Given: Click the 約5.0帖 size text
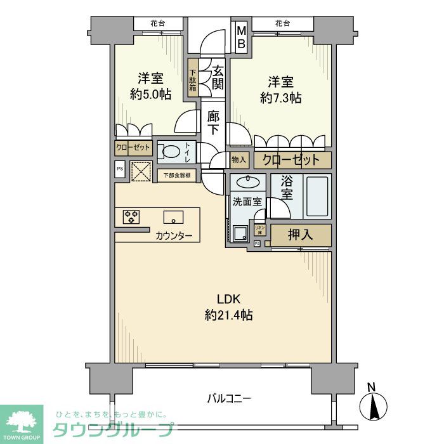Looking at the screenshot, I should pos(150,94).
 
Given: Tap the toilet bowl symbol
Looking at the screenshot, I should pos(169,152).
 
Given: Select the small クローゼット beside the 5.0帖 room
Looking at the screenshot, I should pos(133,147).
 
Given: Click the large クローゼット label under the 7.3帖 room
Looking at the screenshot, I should pos(292,159).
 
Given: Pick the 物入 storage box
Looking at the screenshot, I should pos(238,160).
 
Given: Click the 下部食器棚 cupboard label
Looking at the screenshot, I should pos(176,175).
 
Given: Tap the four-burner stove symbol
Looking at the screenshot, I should pos(131,217).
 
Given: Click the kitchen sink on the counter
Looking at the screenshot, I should pos(173,217).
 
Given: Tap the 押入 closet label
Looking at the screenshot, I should pos(300,235).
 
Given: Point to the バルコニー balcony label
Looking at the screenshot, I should pos(229,399).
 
